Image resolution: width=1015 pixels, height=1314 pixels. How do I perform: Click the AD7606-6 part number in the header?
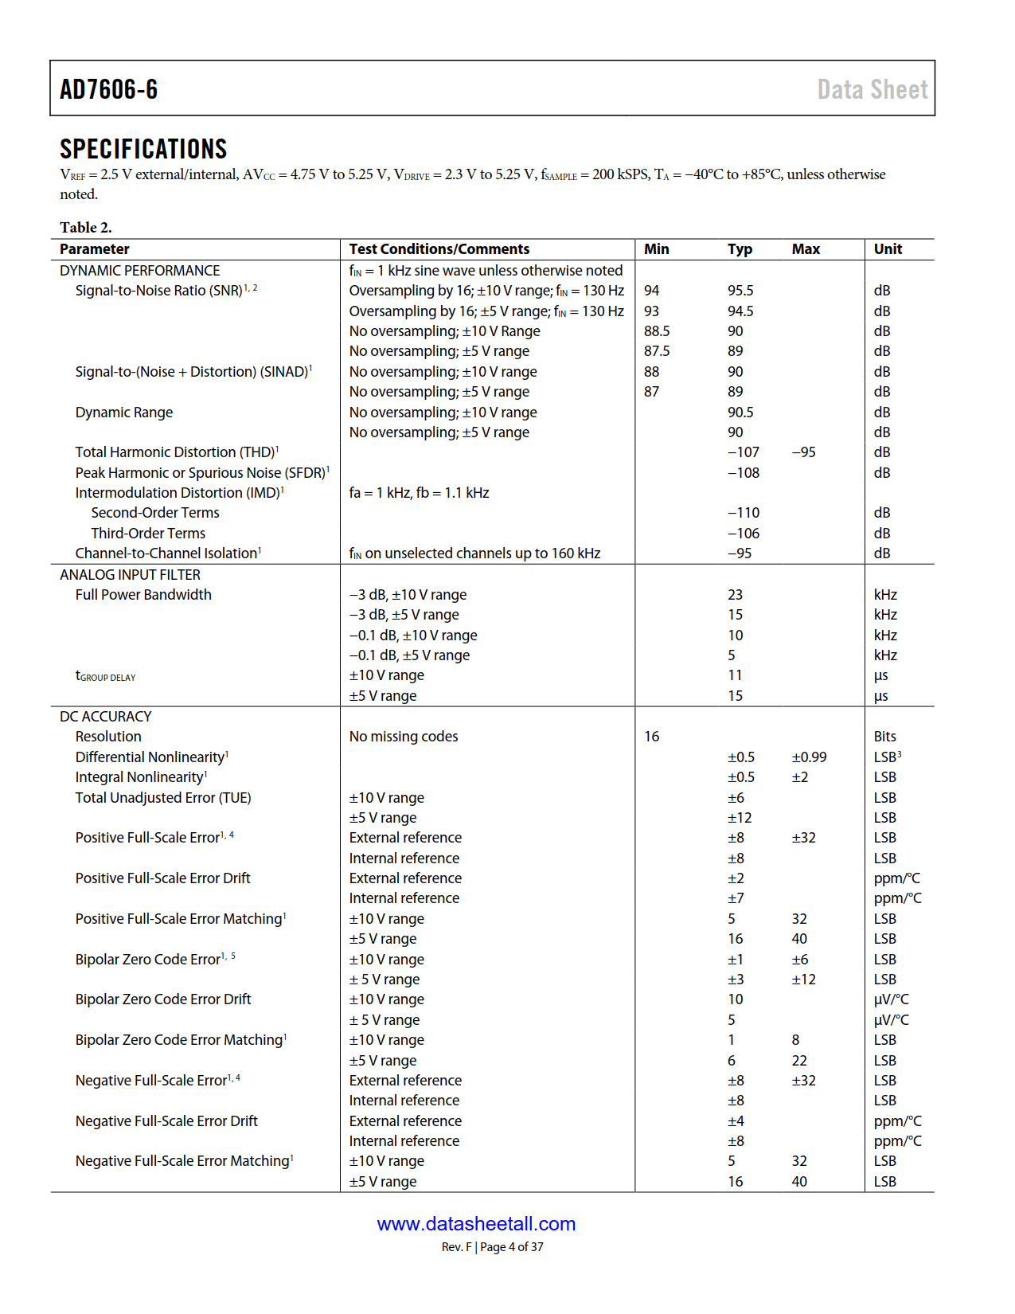tap(109, 89)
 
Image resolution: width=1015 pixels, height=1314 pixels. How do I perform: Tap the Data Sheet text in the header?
tap(872, 89)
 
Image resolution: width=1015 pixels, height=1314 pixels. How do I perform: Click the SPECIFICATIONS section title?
tap(143, 149)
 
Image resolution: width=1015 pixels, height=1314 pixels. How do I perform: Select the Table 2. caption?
tap(85, 227)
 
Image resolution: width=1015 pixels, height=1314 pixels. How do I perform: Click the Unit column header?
tap(888, 249)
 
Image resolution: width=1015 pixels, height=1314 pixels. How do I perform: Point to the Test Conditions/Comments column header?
tap(439, 249)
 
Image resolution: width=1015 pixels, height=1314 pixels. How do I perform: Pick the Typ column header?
tap(740, 249)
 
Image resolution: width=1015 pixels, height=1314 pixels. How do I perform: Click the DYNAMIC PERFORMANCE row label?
tap(139, 271)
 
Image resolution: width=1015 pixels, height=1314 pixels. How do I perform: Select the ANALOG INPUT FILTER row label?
tap(130, 575)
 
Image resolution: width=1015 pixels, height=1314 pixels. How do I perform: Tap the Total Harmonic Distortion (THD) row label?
tap(176, 452)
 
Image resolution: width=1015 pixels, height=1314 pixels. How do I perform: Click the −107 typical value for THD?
tap(744, 452)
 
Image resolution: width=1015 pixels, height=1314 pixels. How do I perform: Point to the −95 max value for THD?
tap(803, 452)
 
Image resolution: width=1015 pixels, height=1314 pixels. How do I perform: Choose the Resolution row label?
tap(108, 737)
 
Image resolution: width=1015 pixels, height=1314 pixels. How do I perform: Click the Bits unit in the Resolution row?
tap(884, 737)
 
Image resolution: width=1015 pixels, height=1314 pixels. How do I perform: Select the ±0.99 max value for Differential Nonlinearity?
tap(809, 757)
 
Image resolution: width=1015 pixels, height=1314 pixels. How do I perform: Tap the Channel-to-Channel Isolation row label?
tap(167, 553)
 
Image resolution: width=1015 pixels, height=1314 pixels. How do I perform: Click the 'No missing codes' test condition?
tap(404, 737)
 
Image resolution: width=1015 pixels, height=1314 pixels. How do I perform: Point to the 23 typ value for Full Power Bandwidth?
tap(735, 595)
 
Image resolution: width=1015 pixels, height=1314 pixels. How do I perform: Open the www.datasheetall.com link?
tap(476, 1224)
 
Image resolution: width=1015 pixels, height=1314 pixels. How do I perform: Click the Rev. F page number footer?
tap(492, 1247)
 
